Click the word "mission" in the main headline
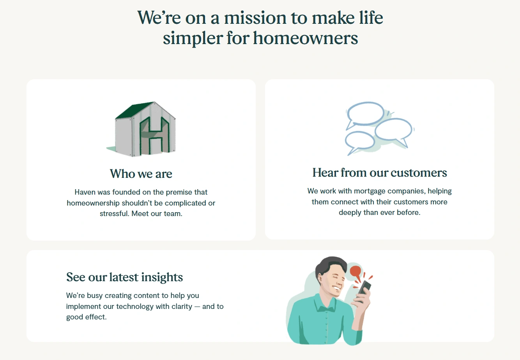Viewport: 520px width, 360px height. point(255,18)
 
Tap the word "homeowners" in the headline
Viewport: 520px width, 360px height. point(306,38)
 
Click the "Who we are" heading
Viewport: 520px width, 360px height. point(141,174)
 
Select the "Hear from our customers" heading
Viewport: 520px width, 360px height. point(380,172)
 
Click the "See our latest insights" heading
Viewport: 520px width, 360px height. point(124,277)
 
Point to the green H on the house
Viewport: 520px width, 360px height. point(155,136)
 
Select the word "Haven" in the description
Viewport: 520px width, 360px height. point(85,192)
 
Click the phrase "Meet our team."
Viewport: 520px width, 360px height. point(157,213)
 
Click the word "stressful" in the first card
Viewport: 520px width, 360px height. point(114,213)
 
